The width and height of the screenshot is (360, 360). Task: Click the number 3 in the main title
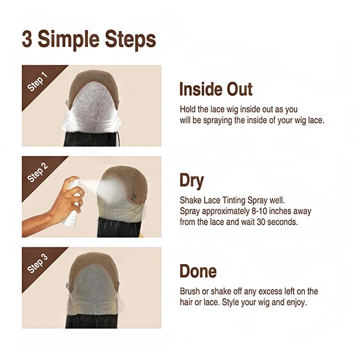[27, 39]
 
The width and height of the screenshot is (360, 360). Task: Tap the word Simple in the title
[68, 40]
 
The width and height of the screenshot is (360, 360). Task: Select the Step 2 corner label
[37, 172]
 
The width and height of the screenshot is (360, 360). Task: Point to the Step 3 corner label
[37, 263]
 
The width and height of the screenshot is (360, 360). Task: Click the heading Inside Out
[216, 89]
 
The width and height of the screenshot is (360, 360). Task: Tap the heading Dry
[191, 181]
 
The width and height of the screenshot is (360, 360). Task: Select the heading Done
[198, 271]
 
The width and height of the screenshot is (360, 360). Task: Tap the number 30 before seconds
[261, 222]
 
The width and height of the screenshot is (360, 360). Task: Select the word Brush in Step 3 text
[190, 291]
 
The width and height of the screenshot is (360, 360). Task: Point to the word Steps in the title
[131, 40]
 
